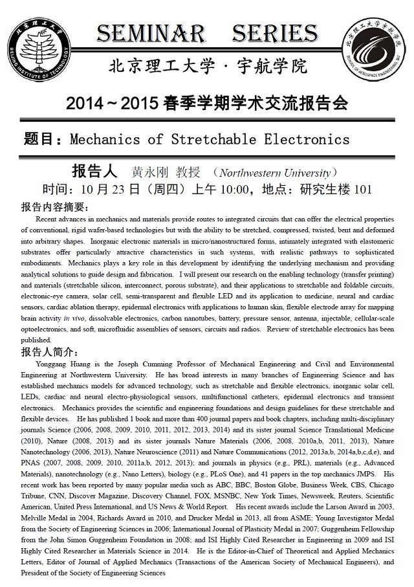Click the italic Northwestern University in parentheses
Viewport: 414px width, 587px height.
[274, 173]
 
